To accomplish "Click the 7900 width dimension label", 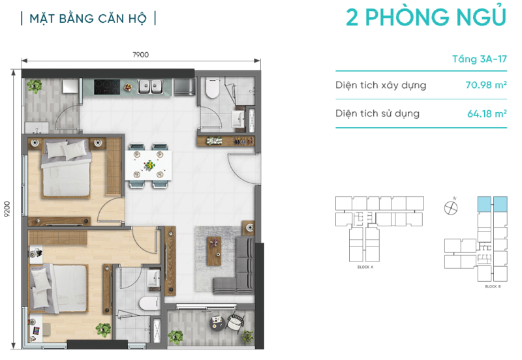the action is click(140, 55).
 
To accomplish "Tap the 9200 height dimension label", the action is click(7, 209).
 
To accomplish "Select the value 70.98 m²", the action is click(486, 85).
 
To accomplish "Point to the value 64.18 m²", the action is click(487, 113).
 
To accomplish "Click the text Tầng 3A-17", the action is click(480, 59).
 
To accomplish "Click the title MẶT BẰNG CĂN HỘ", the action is click(88, 19).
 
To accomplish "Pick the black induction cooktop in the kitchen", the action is click(107, 87).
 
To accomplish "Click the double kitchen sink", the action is click(151, 87).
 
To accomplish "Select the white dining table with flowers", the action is click(149, 165).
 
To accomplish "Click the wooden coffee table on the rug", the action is click(214, 251).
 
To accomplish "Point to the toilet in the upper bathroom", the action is click(212, 88).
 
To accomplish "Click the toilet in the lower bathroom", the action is click(149, 303).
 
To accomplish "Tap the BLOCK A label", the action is click(365, 267).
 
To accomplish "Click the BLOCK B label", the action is click(493, 286).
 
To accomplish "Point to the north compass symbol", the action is click(451, 208).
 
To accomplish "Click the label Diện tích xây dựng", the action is click(381, 85).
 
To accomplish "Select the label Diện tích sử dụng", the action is click(378, 113).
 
